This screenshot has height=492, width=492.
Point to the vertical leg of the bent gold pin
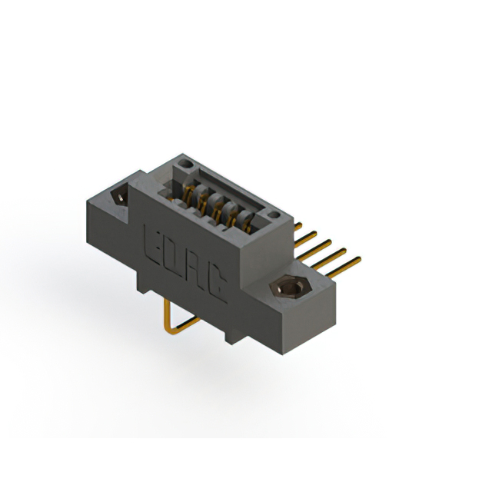(167, 315)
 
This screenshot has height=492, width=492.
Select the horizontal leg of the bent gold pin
(184, 328)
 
